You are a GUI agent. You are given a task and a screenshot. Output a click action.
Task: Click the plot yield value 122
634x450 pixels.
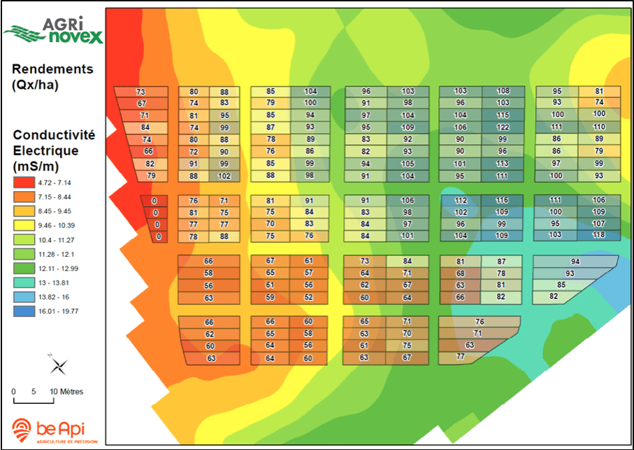click(503, 127)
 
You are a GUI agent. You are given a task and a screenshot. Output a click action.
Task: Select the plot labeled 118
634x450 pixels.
click(598, 235)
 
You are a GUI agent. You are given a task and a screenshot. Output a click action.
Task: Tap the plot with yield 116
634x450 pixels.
click(502, 200)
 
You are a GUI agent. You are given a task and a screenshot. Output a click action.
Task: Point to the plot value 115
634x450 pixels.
click(503, 115)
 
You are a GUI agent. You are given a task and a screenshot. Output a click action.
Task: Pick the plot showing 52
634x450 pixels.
click(308, 297)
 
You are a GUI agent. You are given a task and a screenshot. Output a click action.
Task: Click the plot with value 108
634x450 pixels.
click(503, 92)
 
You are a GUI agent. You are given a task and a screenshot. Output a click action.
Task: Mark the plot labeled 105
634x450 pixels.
click(408, 164)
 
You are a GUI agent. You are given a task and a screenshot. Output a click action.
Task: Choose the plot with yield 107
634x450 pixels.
click(598, 224)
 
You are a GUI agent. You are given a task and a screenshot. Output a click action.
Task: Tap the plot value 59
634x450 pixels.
click(271, 297)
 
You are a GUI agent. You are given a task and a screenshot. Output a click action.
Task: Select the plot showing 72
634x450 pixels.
click(194, 152)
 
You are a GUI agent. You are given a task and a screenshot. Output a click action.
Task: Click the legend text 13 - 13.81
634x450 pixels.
click(59, 283)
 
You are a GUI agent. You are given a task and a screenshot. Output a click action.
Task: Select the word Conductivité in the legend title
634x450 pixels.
click(54, 135)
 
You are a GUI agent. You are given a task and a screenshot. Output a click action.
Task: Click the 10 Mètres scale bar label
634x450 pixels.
click(66, 391)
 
